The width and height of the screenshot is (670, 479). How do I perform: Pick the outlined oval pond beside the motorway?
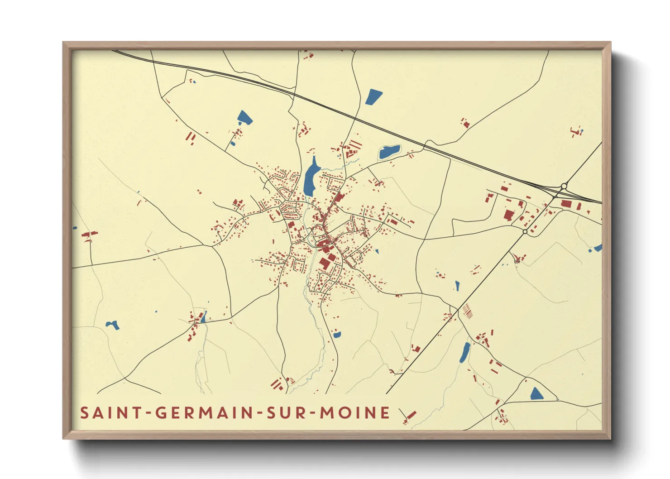389,152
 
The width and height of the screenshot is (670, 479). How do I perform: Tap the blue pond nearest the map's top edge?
373,96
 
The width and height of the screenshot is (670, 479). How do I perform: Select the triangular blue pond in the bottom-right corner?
536,393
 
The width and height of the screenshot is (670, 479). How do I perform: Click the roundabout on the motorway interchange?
564,186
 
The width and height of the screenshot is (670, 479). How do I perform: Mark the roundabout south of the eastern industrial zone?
525,231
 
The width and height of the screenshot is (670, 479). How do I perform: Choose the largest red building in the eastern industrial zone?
508,215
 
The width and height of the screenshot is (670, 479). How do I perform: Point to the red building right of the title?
411,415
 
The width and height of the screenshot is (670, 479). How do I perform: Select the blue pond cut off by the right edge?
598,248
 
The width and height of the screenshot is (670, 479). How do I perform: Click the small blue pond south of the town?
336,335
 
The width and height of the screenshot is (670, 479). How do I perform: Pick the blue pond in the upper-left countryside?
244,117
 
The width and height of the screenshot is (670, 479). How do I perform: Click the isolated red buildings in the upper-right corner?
576,132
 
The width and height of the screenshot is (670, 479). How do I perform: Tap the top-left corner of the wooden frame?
64,43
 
